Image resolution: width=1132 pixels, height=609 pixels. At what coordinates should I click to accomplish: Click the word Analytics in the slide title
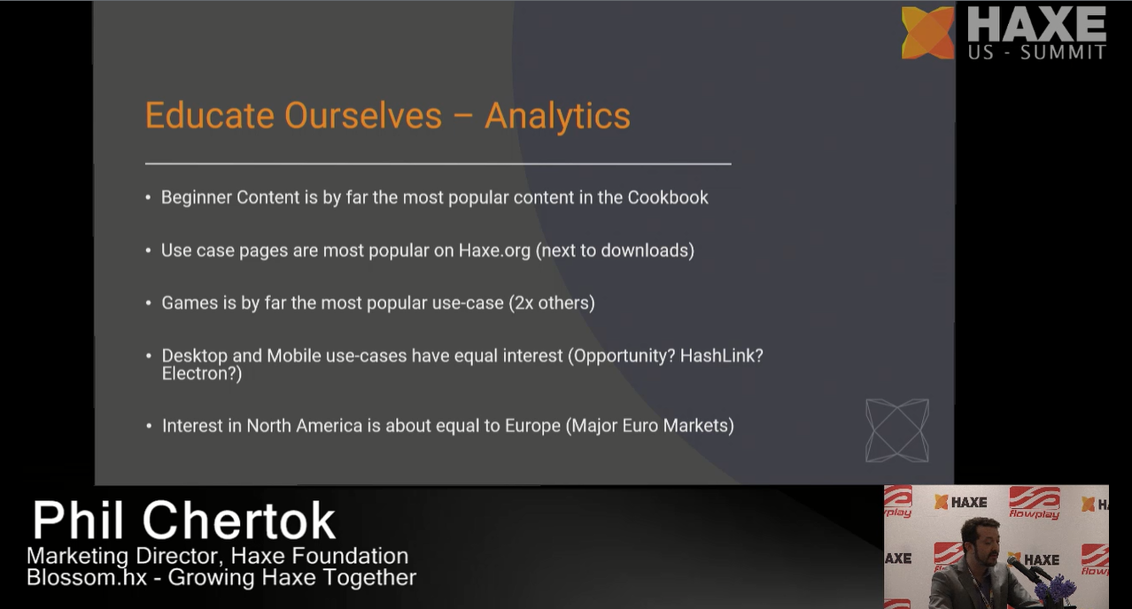[557, 117]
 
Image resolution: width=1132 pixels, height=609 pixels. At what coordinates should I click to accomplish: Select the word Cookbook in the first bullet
[668, 197]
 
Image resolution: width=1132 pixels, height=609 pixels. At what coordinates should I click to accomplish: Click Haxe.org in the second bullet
[494, 251]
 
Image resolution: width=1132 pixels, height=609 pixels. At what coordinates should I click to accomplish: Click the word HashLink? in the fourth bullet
[721, 356]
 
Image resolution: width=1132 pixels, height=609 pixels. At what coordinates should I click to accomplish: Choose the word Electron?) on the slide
[202, 374]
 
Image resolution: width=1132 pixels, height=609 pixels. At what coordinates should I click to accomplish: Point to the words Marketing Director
[125, 556]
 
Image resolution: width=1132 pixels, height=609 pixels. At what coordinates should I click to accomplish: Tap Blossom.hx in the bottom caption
[87, 577]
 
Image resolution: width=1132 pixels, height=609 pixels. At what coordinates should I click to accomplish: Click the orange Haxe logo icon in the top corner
[928, 33]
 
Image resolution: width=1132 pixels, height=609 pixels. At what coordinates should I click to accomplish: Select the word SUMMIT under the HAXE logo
[1063, 52]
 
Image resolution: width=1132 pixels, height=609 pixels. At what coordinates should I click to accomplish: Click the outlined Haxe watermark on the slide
[897, 430]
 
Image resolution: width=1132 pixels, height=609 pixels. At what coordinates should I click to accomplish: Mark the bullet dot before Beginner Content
[149, 198]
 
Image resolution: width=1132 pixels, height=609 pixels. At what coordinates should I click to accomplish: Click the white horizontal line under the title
[438, 164]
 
